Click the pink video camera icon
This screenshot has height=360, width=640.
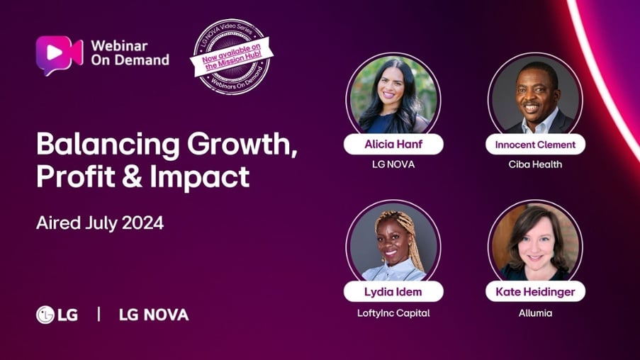coord(60,55)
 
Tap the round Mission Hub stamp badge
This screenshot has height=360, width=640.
coord(232,57)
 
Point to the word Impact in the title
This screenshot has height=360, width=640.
coord(200,177)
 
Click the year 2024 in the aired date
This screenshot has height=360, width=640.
coord(143,223)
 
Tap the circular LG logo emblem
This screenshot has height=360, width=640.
coord(45,315)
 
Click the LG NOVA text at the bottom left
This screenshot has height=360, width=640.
coord(154,315)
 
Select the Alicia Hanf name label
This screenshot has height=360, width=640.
coord(393,144)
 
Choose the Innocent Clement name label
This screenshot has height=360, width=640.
coord(535,145)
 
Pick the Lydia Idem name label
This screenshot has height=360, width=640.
coord(393,291)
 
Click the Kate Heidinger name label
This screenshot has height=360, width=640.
coord(535,291)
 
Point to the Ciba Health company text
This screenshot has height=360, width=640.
coord(535,164)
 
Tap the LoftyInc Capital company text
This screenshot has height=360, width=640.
coord(393,313)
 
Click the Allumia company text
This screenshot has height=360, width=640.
coord(535,313)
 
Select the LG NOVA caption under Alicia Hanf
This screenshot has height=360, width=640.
coord(393,164)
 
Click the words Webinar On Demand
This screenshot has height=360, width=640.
coord(130,52)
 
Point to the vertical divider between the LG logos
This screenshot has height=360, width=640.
coord(99,314)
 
